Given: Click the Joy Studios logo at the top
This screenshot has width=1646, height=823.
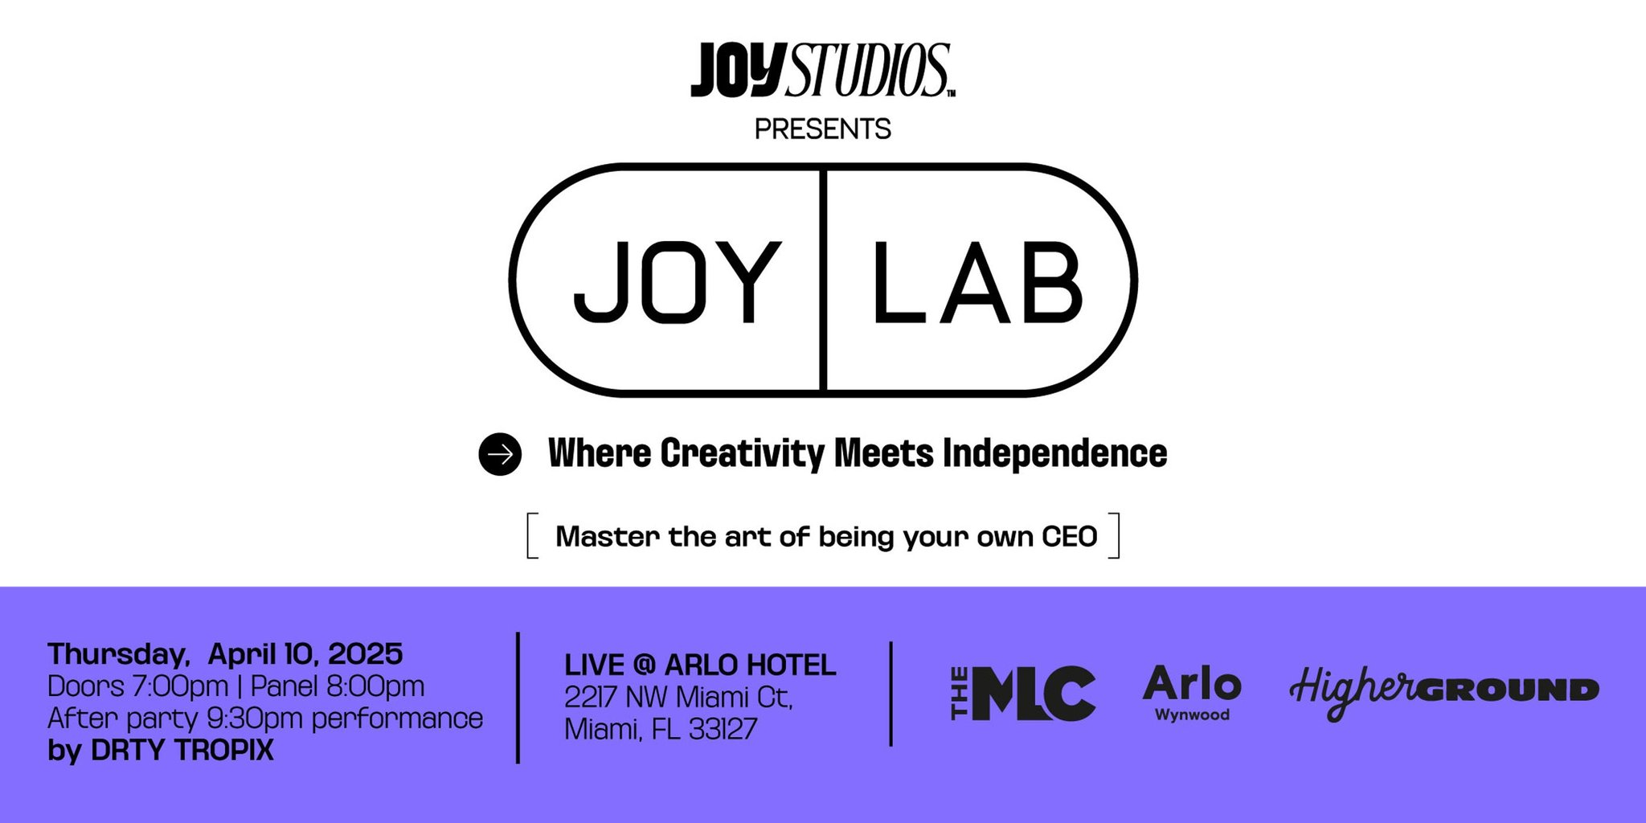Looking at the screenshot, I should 822,71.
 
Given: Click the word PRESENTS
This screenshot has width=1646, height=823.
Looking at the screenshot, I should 822,129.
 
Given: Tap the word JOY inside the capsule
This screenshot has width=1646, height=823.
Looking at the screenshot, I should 677,281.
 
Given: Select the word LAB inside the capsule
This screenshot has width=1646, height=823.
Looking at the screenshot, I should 977,281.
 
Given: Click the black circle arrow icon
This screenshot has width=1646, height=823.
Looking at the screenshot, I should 500,454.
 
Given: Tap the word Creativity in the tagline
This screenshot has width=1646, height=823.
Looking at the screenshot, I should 742,454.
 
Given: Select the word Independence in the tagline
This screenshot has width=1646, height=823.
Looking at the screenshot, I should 1054,454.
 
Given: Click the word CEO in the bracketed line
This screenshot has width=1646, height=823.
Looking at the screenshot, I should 1069,536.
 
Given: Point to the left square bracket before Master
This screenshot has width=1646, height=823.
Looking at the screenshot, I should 531,536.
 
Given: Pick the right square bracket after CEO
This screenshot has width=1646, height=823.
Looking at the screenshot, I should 1115,536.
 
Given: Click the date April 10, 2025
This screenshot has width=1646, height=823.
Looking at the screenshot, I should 305,654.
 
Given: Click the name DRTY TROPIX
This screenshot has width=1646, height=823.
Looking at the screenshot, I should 182,750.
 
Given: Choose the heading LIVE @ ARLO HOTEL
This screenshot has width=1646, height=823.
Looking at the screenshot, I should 700,665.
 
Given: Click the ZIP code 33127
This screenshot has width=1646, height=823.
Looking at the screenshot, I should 723,729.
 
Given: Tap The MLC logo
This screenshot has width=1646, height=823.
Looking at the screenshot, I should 1023,693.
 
